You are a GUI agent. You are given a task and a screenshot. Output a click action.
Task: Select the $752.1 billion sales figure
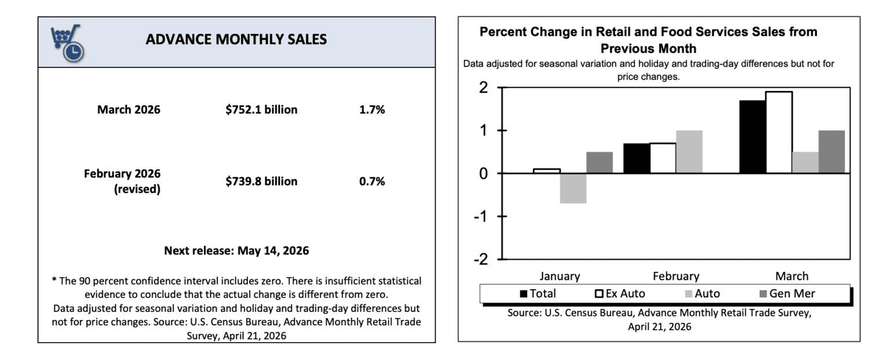click(x=261, y=110)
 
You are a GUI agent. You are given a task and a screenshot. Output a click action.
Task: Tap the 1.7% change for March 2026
click(x=372, y=110)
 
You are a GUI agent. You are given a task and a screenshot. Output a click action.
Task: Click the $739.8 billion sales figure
click(x=261, y=181)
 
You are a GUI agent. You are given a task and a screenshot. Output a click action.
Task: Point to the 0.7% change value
click(x=372, y=181)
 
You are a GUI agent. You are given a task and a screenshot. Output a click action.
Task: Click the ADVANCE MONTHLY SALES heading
click(x=236, y=39)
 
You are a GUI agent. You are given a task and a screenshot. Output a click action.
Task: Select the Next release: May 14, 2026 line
click(x=236, y=251)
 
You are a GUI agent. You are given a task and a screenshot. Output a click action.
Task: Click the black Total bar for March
click(x=752, y=137)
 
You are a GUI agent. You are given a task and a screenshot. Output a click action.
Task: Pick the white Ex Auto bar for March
click(x=779, y=132)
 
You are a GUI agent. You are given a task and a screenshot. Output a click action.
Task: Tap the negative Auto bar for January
click(x=573, y=188)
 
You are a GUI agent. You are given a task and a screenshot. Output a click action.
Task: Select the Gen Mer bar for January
click(x=600, y=162)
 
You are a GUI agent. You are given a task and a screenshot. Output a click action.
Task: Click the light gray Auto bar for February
click(x=689, y=152)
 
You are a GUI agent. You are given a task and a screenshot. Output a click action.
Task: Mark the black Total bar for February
click(x=636, y=158)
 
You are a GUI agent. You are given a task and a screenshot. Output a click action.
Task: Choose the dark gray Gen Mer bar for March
click(x=831, y=152)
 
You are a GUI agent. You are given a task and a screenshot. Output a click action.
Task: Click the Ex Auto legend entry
click(x=619, y=294)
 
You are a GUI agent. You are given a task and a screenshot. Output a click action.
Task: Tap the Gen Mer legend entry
click(x=786, y=294)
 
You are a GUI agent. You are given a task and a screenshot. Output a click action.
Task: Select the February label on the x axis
click(x=676, y=276)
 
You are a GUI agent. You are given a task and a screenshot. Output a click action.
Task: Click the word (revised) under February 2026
click(x=137, y=189)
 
